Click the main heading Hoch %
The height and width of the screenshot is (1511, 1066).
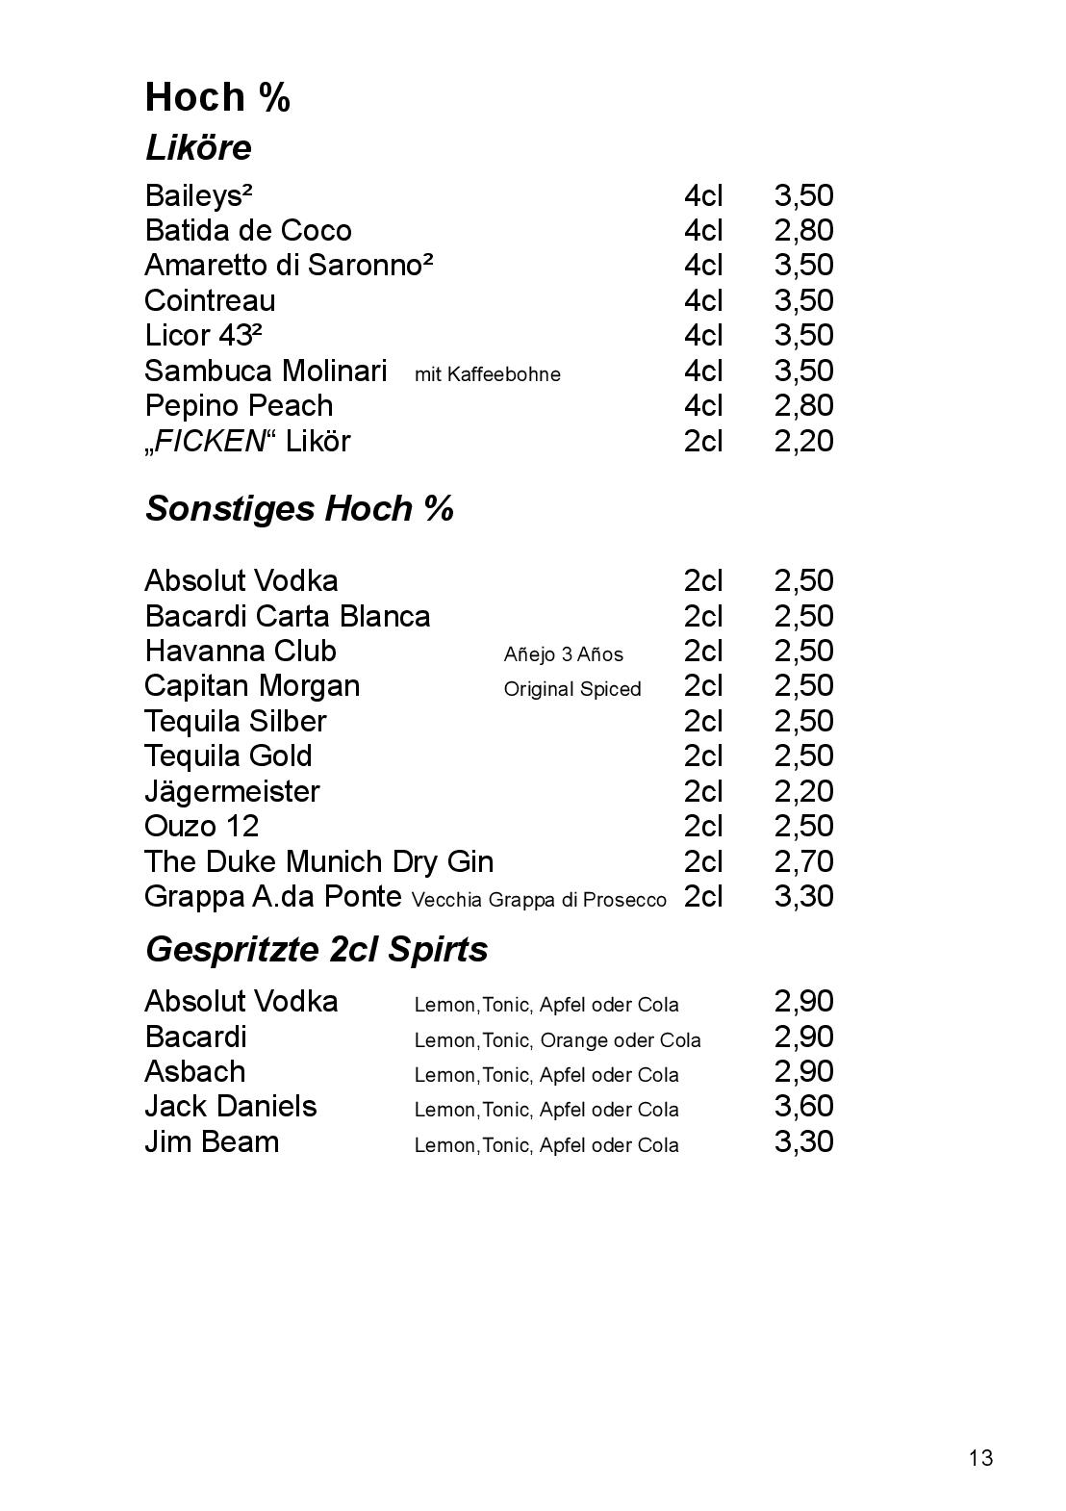(x=217, y=97)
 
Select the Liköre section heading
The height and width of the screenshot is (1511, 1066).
(x=197, y=148)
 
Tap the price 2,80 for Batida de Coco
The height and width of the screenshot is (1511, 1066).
(x=803, y=231)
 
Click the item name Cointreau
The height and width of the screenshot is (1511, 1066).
(x=210, y=301)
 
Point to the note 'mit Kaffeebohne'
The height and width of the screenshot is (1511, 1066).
(x=487, y=374)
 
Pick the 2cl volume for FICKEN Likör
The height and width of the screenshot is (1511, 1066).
(x=702, y=442)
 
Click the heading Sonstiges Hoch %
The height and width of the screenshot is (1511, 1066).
(x=298, y=509)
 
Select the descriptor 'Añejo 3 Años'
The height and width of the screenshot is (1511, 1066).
(x=563, y=654)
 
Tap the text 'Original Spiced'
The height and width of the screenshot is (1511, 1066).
(x=571, y=689)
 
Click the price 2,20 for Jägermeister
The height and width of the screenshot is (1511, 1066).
(x=803, y=792)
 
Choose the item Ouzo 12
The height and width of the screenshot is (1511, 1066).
(x=201, y=827)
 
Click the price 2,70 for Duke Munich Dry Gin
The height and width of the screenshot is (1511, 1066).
(x=803, y=861)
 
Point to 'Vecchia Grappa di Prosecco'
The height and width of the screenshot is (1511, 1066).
(x=539, y=900)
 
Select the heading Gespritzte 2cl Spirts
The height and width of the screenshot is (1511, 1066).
(x=316, y=950)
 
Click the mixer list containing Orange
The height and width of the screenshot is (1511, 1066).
(x=557, y=1040)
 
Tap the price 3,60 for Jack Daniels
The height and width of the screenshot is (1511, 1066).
(x=803, y=1107)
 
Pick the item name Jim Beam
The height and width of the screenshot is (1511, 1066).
(x=212, y=1142)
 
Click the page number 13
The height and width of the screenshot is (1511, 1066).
(x=980, y=1458)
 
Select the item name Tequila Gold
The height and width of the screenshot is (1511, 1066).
(x=228, y=756)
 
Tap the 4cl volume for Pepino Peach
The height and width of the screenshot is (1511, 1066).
(x=702, y=406)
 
